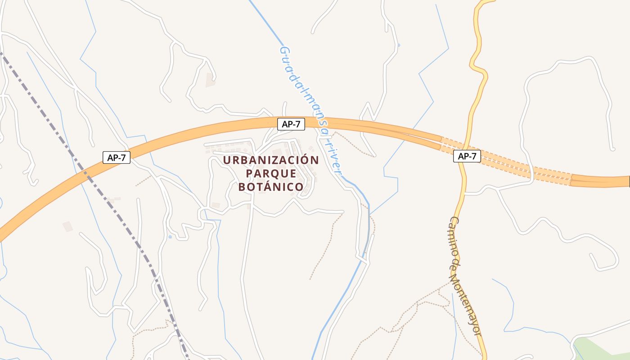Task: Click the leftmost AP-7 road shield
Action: coord(116,157)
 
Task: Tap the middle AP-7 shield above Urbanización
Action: coord(291,124)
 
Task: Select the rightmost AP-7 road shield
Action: coord(467,156)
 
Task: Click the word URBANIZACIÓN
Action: coord(271,160)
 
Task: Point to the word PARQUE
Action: coord(271,173)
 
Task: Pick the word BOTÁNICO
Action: coord(271,187)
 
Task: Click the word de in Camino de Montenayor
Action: coord(457,264)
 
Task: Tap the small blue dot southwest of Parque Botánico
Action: coord(170,237)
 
